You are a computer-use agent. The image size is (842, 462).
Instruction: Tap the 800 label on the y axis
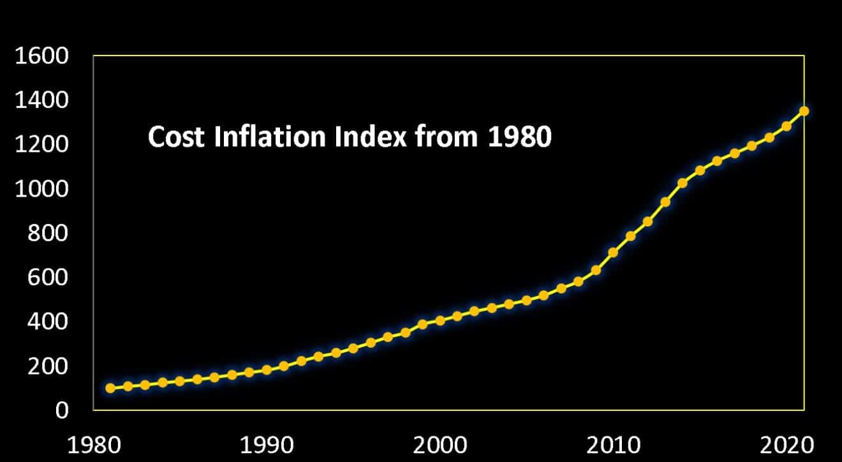coord(51,234)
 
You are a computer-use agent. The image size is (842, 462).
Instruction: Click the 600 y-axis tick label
coord(51,278)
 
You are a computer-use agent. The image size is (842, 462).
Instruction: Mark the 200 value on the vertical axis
coord(51,366)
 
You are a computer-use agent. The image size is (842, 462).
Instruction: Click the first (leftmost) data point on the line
coord(110,388)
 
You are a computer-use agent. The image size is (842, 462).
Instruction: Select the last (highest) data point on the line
coord(804,111)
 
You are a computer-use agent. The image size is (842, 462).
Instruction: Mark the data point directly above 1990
coord(267,369)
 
